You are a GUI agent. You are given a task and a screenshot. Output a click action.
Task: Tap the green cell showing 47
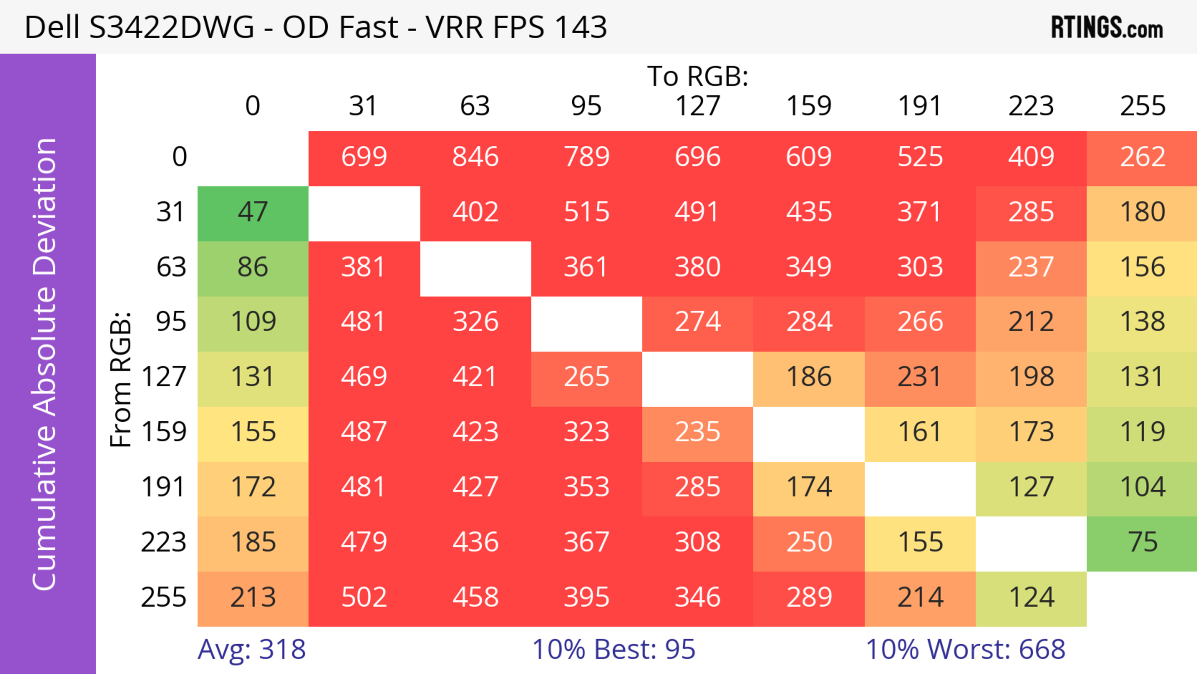[x=253, y=212]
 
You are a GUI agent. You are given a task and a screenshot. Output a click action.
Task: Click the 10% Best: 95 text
[x=613, y=649]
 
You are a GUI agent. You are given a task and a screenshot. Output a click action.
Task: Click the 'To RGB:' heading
[x=698, y=76]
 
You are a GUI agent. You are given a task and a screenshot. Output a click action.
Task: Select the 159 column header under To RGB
[x=809, y=106]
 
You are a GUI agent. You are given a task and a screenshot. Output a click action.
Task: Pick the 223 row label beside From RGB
[x=164, y=542]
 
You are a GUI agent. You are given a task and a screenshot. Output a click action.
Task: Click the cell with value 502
[x=364, y=597]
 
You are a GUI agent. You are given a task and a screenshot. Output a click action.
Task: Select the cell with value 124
[x=1031, y=597]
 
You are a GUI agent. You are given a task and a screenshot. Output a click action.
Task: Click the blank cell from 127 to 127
[x=698, y=379]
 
